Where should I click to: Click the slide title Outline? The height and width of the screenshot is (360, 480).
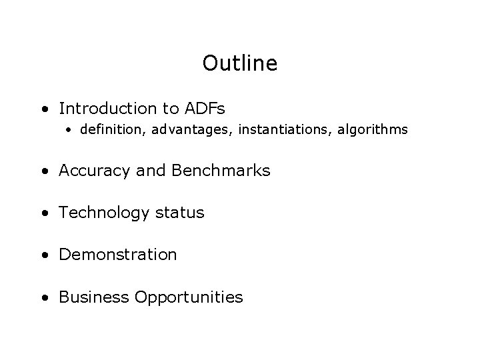(x=239, y=64)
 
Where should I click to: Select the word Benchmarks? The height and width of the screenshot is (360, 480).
(x=221, y=171)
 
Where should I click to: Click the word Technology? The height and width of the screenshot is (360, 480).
(x=99, y=213)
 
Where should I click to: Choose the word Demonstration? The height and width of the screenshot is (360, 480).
(x=118, y=255)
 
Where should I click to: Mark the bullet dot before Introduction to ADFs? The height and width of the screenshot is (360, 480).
(x=43, y=109)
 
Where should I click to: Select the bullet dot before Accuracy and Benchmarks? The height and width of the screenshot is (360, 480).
(x=43, y=171)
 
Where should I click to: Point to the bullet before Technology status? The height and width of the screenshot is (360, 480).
(x=43, y=213)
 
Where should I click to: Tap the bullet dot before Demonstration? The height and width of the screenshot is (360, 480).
(x=43, y=255)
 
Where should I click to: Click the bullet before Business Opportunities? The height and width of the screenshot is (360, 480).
(x=43, y=297)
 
